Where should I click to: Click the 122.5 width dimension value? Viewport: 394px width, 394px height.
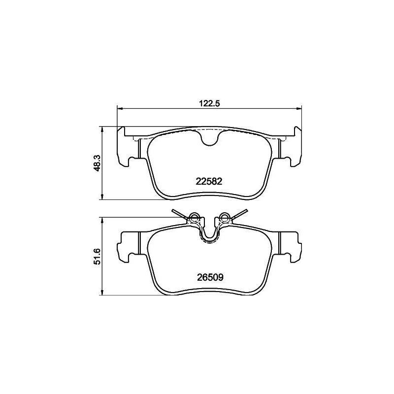tap(209, 103)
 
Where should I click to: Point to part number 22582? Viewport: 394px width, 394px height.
tap(209, 181)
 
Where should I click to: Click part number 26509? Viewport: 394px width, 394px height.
tap(210, 277)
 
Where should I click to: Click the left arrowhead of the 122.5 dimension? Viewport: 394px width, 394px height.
tap(120, 109)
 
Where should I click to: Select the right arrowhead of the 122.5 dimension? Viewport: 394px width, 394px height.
tap(299, 109)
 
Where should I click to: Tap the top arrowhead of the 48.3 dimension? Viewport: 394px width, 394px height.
tap(102, 129)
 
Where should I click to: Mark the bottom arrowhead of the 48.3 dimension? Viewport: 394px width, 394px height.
tap(102, 197)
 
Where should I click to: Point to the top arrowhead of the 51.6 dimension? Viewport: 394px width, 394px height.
tap(102, 220)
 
